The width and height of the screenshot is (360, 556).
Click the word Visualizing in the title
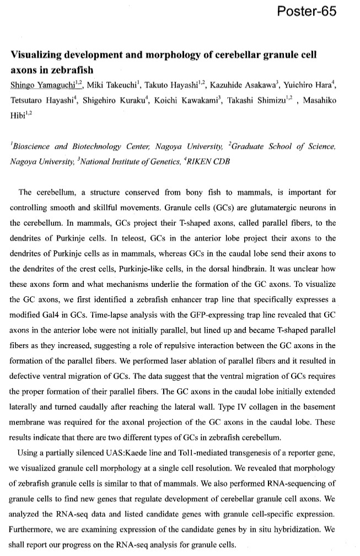coord(40,57)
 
